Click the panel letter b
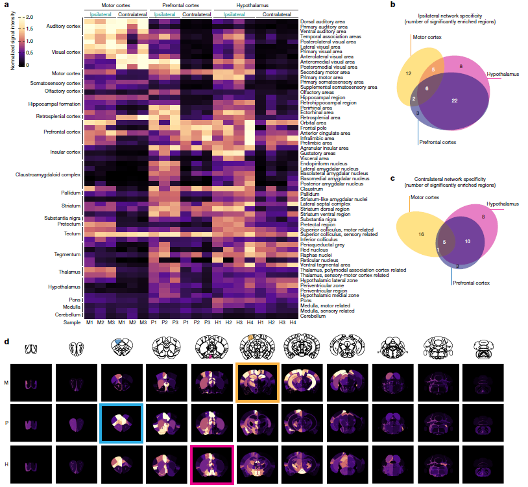392,5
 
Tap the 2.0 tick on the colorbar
30,17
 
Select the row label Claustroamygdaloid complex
48,174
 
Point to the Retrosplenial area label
320,118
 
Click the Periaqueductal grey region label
322,244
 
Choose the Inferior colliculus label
319,240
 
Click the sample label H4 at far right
293,322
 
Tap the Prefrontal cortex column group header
181,5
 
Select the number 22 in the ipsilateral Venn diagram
455,101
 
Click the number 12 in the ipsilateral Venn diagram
409,73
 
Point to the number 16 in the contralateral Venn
421,234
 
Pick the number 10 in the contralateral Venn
468,241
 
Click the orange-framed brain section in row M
258,383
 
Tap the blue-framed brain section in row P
121,423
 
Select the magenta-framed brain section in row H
212,464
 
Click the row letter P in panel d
6,423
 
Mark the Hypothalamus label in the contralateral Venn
503,204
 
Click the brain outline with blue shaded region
121,347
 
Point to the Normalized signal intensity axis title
13,40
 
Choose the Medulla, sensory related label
328,311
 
